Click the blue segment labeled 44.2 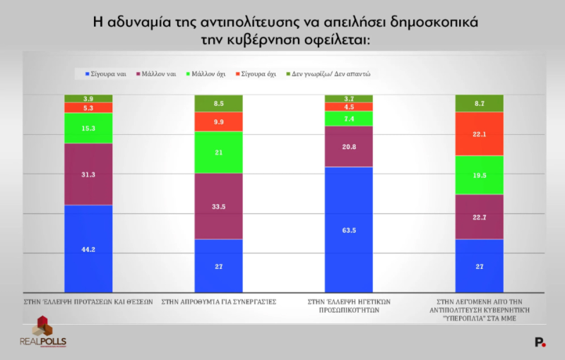pyautogui.click(x=88, y=248)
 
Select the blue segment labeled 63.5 pyautogui.click(x=349, y=229)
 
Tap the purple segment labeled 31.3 pyautogui.click(x=88, y=174)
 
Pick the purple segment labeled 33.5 pyautogui.click(x=218, y=206)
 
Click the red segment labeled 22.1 pyautogui.click(x=479, y=133)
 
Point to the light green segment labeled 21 pyautogui.click(x=218, y=152)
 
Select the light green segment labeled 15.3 pyautogui.click(x=88, y=128)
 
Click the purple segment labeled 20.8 pyautogui.click(x=349, y=146)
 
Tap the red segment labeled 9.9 pyautogui.click(x=218, y=121)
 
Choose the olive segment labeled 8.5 pyautogui.click(x=218, y=103)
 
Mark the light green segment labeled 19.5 pyautogui.click(x=479, y=175)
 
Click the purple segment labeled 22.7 pyautogui.click(x=479, y=217)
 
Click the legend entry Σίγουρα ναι pyautogui.click(x=106, y=73)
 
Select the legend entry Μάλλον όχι pyautogui.click(x=208, y=73)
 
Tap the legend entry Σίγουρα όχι pyautogui.click(x=258, y=73)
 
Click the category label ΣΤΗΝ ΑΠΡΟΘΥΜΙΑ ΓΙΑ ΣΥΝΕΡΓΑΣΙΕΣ pyautogui.click(x=219, y=301)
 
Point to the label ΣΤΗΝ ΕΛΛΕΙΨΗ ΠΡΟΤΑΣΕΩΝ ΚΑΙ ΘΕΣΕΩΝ pyautogui.click(x=88, y=301)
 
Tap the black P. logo pyautogui.click(x=540, y=342)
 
